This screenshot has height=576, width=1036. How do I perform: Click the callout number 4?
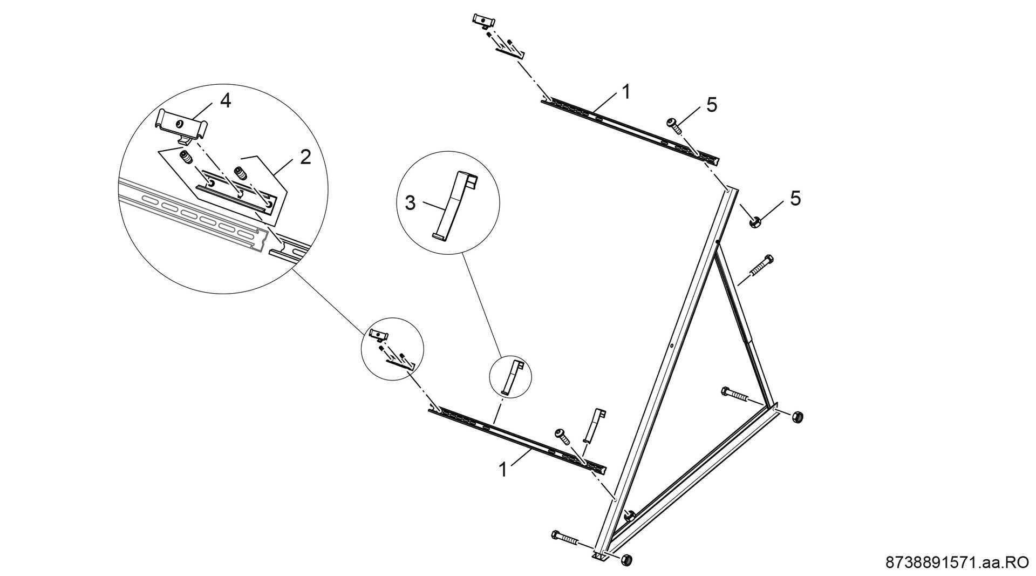coord(225,100)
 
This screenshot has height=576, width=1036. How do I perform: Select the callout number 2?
coord(305,157)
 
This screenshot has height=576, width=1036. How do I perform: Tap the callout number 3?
coord(411,204)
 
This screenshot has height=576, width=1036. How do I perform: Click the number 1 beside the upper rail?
coord(625,92)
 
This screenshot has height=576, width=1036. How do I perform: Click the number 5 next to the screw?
coord(712,105)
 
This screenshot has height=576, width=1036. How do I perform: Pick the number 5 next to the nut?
coord(795,199)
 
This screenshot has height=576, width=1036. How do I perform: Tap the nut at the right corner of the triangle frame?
coord(798,417)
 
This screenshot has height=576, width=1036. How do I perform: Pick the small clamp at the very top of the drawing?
coord(483,20)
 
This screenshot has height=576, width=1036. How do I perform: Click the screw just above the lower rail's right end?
coord(562,436)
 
